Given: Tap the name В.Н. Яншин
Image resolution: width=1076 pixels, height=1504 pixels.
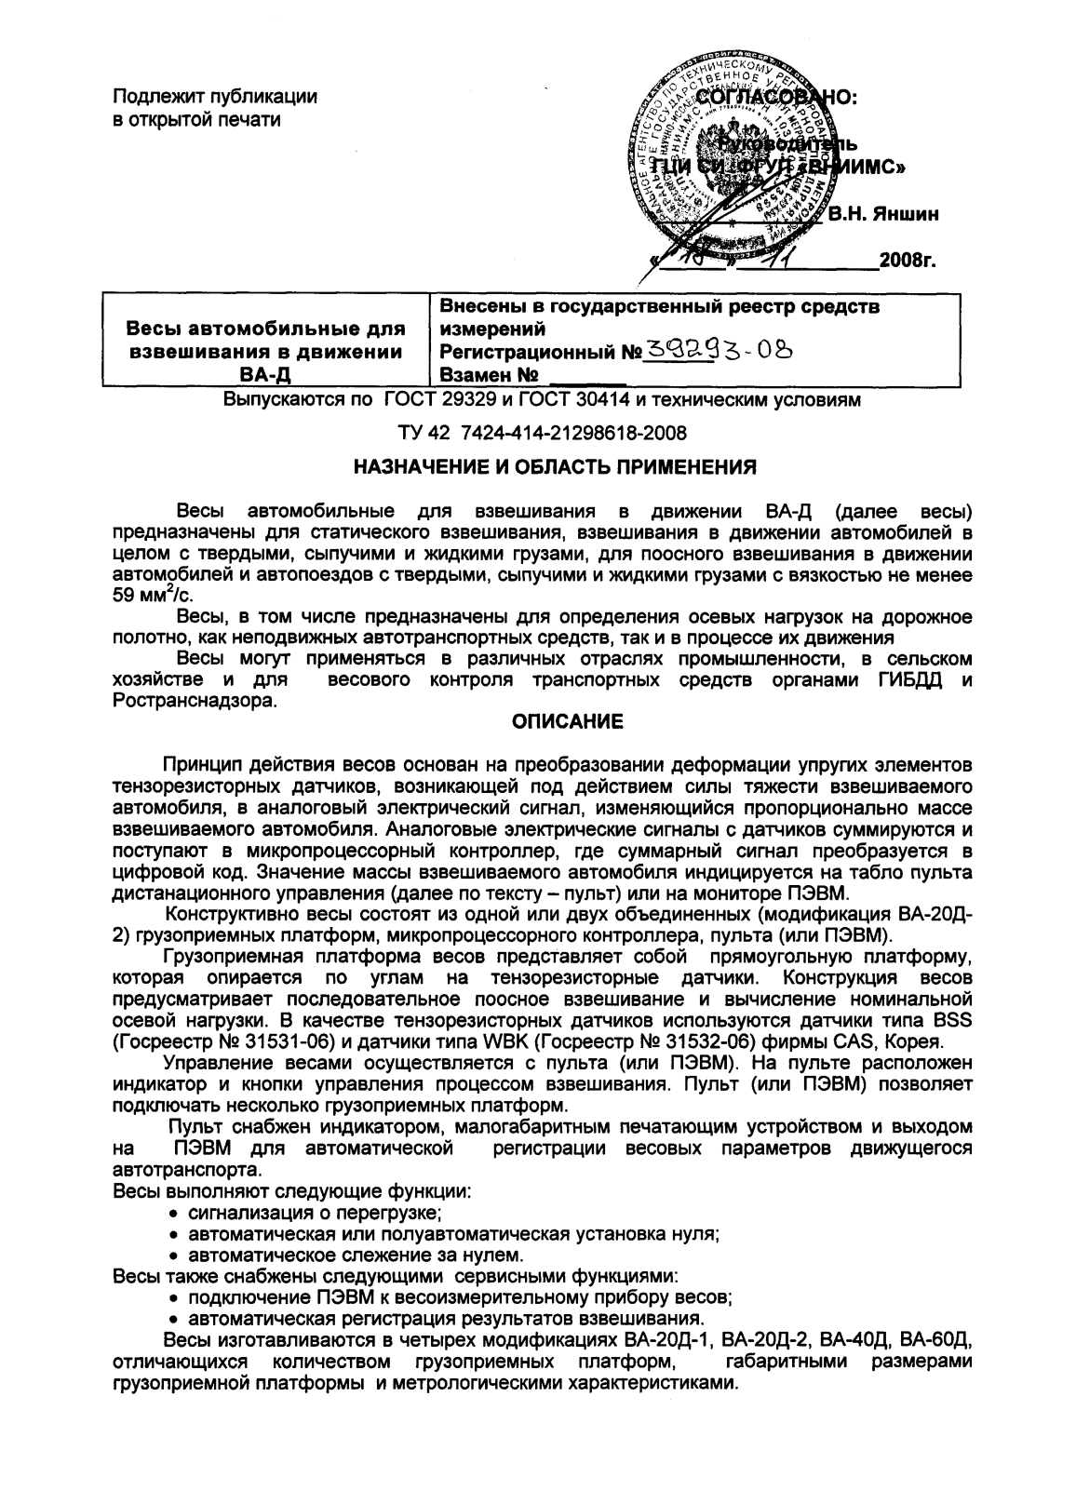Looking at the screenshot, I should (x=883, y=215).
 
